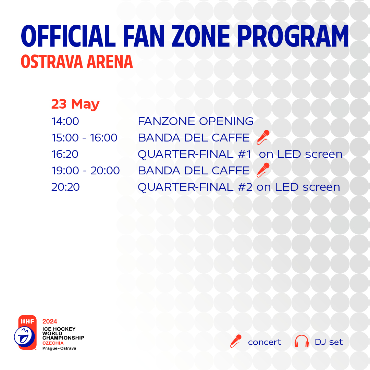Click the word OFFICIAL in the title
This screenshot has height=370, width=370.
68,36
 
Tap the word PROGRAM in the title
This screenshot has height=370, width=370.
293,36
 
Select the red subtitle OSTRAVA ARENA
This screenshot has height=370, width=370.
77,62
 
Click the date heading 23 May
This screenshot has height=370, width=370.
75,104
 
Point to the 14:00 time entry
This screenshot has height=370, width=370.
65,121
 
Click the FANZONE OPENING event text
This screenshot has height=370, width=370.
196,121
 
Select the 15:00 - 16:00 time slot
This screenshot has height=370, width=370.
84,138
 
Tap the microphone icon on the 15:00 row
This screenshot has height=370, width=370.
263,137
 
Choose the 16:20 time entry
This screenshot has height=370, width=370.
65,154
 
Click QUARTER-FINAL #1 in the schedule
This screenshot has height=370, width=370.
195,154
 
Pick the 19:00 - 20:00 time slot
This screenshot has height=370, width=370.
85,171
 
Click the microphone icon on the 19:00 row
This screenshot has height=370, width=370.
263,170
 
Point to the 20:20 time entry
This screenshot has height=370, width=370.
65,187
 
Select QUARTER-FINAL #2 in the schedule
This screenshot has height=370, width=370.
195,187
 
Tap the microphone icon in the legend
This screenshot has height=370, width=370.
236,341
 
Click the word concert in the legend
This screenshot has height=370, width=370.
264,342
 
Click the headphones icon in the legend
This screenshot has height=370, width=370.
301,341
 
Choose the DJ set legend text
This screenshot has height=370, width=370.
329,342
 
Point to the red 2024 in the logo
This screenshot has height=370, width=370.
50,321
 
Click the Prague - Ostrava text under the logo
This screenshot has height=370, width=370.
59,348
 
